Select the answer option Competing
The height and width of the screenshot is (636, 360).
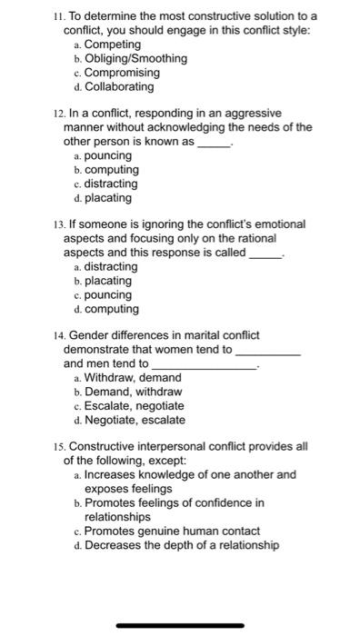113,44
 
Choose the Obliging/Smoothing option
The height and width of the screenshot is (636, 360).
135,58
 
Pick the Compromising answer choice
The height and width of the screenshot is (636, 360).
122,73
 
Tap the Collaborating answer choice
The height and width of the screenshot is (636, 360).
119,87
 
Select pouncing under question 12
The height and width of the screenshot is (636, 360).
107,155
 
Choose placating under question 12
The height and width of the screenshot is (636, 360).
107,197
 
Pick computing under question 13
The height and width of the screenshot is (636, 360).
112,309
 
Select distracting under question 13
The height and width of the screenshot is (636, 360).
111,266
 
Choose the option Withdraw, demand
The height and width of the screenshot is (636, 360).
132,377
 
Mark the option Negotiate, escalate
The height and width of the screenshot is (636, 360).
135,420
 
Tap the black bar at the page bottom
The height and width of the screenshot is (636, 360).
180,623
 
